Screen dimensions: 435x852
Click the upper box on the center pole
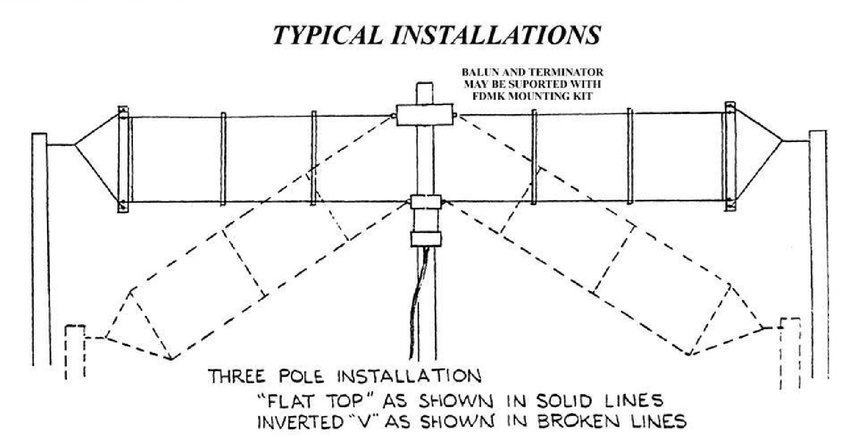(424, 115)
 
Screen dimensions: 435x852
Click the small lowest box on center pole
(425, 239)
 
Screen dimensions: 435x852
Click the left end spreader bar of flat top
(123, 159)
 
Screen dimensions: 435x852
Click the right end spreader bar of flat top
(729, 158)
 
